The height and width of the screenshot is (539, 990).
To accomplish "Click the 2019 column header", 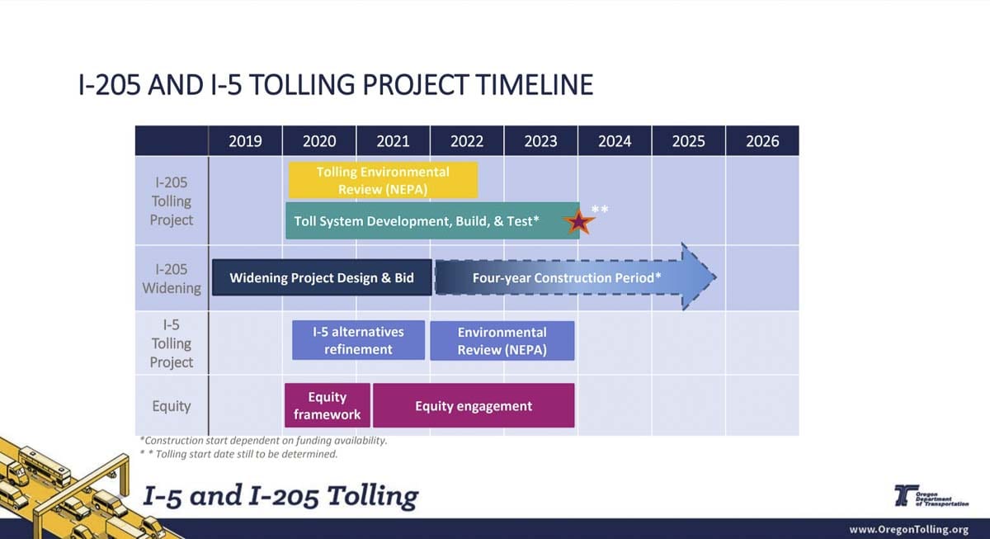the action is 245,141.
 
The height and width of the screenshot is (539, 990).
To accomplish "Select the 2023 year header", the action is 541,141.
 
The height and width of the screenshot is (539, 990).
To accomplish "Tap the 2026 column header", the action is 762,141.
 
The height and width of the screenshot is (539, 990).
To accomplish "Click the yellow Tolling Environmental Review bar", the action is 383,181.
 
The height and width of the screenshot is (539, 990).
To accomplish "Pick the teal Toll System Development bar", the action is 432,220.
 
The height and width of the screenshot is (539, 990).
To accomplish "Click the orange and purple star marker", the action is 578,222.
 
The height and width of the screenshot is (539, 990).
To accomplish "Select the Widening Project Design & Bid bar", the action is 322,277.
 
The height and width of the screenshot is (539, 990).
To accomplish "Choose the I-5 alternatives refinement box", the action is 358,340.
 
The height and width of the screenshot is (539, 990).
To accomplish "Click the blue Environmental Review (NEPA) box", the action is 502,341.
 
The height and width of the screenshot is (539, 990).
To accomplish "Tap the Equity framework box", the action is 327,405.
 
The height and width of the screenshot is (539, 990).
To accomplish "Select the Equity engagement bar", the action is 474,405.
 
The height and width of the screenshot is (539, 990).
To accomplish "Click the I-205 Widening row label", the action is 172,278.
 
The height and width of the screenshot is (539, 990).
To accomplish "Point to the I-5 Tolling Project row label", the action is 172,343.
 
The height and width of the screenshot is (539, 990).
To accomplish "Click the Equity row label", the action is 172,406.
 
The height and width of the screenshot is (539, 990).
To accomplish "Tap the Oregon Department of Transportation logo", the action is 931,496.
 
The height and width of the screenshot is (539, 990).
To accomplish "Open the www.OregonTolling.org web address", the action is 908,529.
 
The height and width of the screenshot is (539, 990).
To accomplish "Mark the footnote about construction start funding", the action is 263,441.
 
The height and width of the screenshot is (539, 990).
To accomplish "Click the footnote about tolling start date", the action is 238,454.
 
